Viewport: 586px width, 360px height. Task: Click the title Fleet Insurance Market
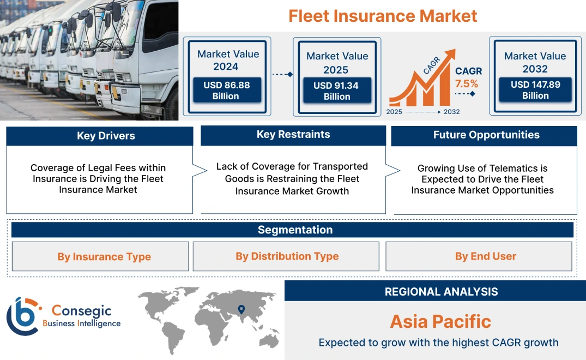coord(383,16)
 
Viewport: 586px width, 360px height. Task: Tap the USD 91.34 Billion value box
coord(337,91)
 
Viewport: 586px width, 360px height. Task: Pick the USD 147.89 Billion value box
coord(535,90)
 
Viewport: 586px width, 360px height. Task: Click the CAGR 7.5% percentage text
coord(467,84)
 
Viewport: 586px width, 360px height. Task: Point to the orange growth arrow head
coord(450,55)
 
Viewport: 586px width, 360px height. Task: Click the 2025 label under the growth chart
coord(395,112)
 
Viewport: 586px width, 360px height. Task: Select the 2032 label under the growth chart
coord(451,112)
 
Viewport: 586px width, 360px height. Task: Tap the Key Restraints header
coord(293,135)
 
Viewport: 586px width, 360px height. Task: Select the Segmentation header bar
coord(295,230)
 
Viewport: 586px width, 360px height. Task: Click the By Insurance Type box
coord(104,257)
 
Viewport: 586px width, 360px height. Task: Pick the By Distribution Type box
coord(287,256)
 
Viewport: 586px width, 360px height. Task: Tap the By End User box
coord(485,256)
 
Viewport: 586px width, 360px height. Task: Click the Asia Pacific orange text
coord(440,321)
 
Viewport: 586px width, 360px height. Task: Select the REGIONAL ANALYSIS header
coord(441,292)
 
